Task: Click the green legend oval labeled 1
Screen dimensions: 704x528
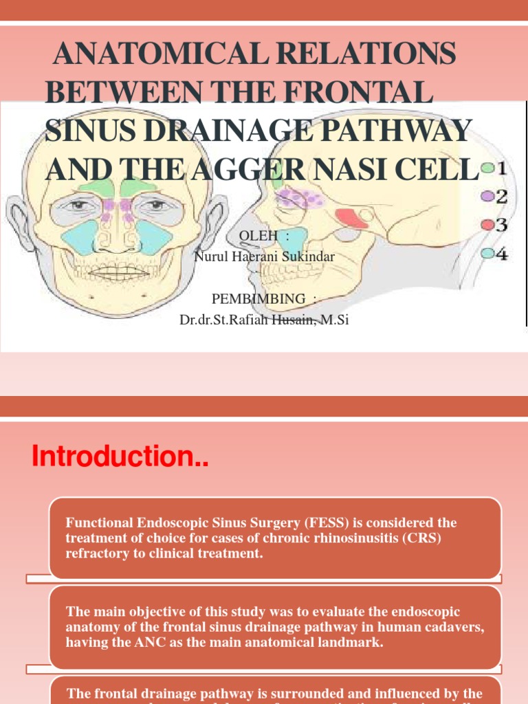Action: coord(487,168)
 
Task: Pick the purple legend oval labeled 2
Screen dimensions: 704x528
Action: coord(487,197)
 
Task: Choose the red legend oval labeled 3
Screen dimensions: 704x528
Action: coord(487,225)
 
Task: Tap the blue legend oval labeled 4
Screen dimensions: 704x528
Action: coord(487,253)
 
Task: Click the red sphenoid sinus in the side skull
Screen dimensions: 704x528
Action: coord(353,218)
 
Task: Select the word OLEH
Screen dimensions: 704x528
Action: coord(258,236)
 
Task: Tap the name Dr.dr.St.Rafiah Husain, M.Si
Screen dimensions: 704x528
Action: coord(264,319)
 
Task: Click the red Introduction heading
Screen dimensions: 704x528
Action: coord(120,456)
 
